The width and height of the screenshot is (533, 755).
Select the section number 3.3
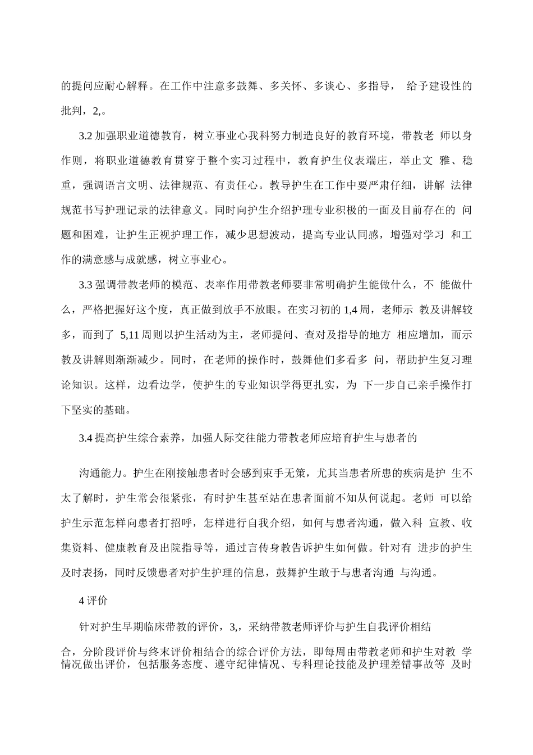pyautogui.click(x=86, y=285)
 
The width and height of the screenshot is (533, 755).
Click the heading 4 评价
pyautogui.click(x=93, y=601)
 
